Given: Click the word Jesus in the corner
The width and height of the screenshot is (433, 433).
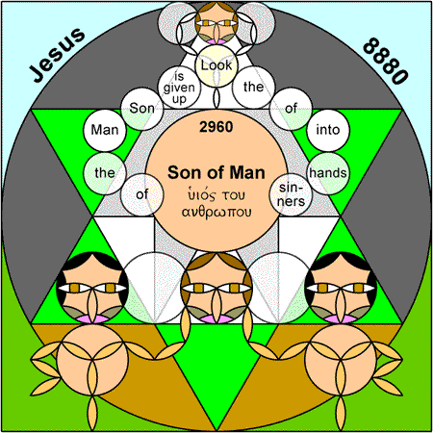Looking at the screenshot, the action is (x=58, y=55).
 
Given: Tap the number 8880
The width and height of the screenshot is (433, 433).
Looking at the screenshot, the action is (x=386, y=61).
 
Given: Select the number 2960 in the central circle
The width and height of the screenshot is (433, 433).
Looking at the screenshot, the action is (x=216, y=127).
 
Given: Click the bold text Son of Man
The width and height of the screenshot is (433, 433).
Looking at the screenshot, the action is (x=216, y=172).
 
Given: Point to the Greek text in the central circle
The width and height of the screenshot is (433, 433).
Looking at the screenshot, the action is (x=216, y=203).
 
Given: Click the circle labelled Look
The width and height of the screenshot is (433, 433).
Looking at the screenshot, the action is (x=216, y=65).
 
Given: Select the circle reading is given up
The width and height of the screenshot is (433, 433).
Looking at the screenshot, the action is (x=179, y=88).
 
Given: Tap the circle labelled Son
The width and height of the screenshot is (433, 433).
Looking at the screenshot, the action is (x=141, y=109).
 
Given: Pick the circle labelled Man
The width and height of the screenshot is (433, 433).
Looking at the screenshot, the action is (x=105, y=130).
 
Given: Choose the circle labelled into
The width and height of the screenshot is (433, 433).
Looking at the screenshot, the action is (x=328, y=130).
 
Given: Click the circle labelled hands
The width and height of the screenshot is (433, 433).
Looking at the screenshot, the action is (x=328, y=173).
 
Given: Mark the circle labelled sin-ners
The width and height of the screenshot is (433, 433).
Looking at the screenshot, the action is (x=291, y=194).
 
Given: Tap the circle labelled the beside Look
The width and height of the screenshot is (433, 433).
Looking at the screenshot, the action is (x=254, y=88).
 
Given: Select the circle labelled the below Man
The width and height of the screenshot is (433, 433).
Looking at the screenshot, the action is (x=105, y=173).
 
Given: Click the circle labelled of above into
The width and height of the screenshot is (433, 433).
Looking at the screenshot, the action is (x=291, y=109).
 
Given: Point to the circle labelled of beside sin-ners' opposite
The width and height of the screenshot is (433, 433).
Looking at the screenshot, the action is (x=141, y=194).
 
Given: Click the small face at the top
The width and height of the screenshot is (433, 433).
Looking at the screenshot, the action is (x=216, y=23).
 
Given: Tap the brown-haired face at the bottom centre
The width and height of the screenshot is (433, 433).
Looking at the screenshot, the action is (x=216, y=288).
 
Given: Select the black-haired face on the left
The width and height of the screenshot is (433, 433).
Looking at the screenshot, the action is (x=92, y=288).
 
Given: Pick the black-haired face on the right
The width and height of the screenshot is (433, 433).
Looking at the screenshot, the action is (x=341, y=288).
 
